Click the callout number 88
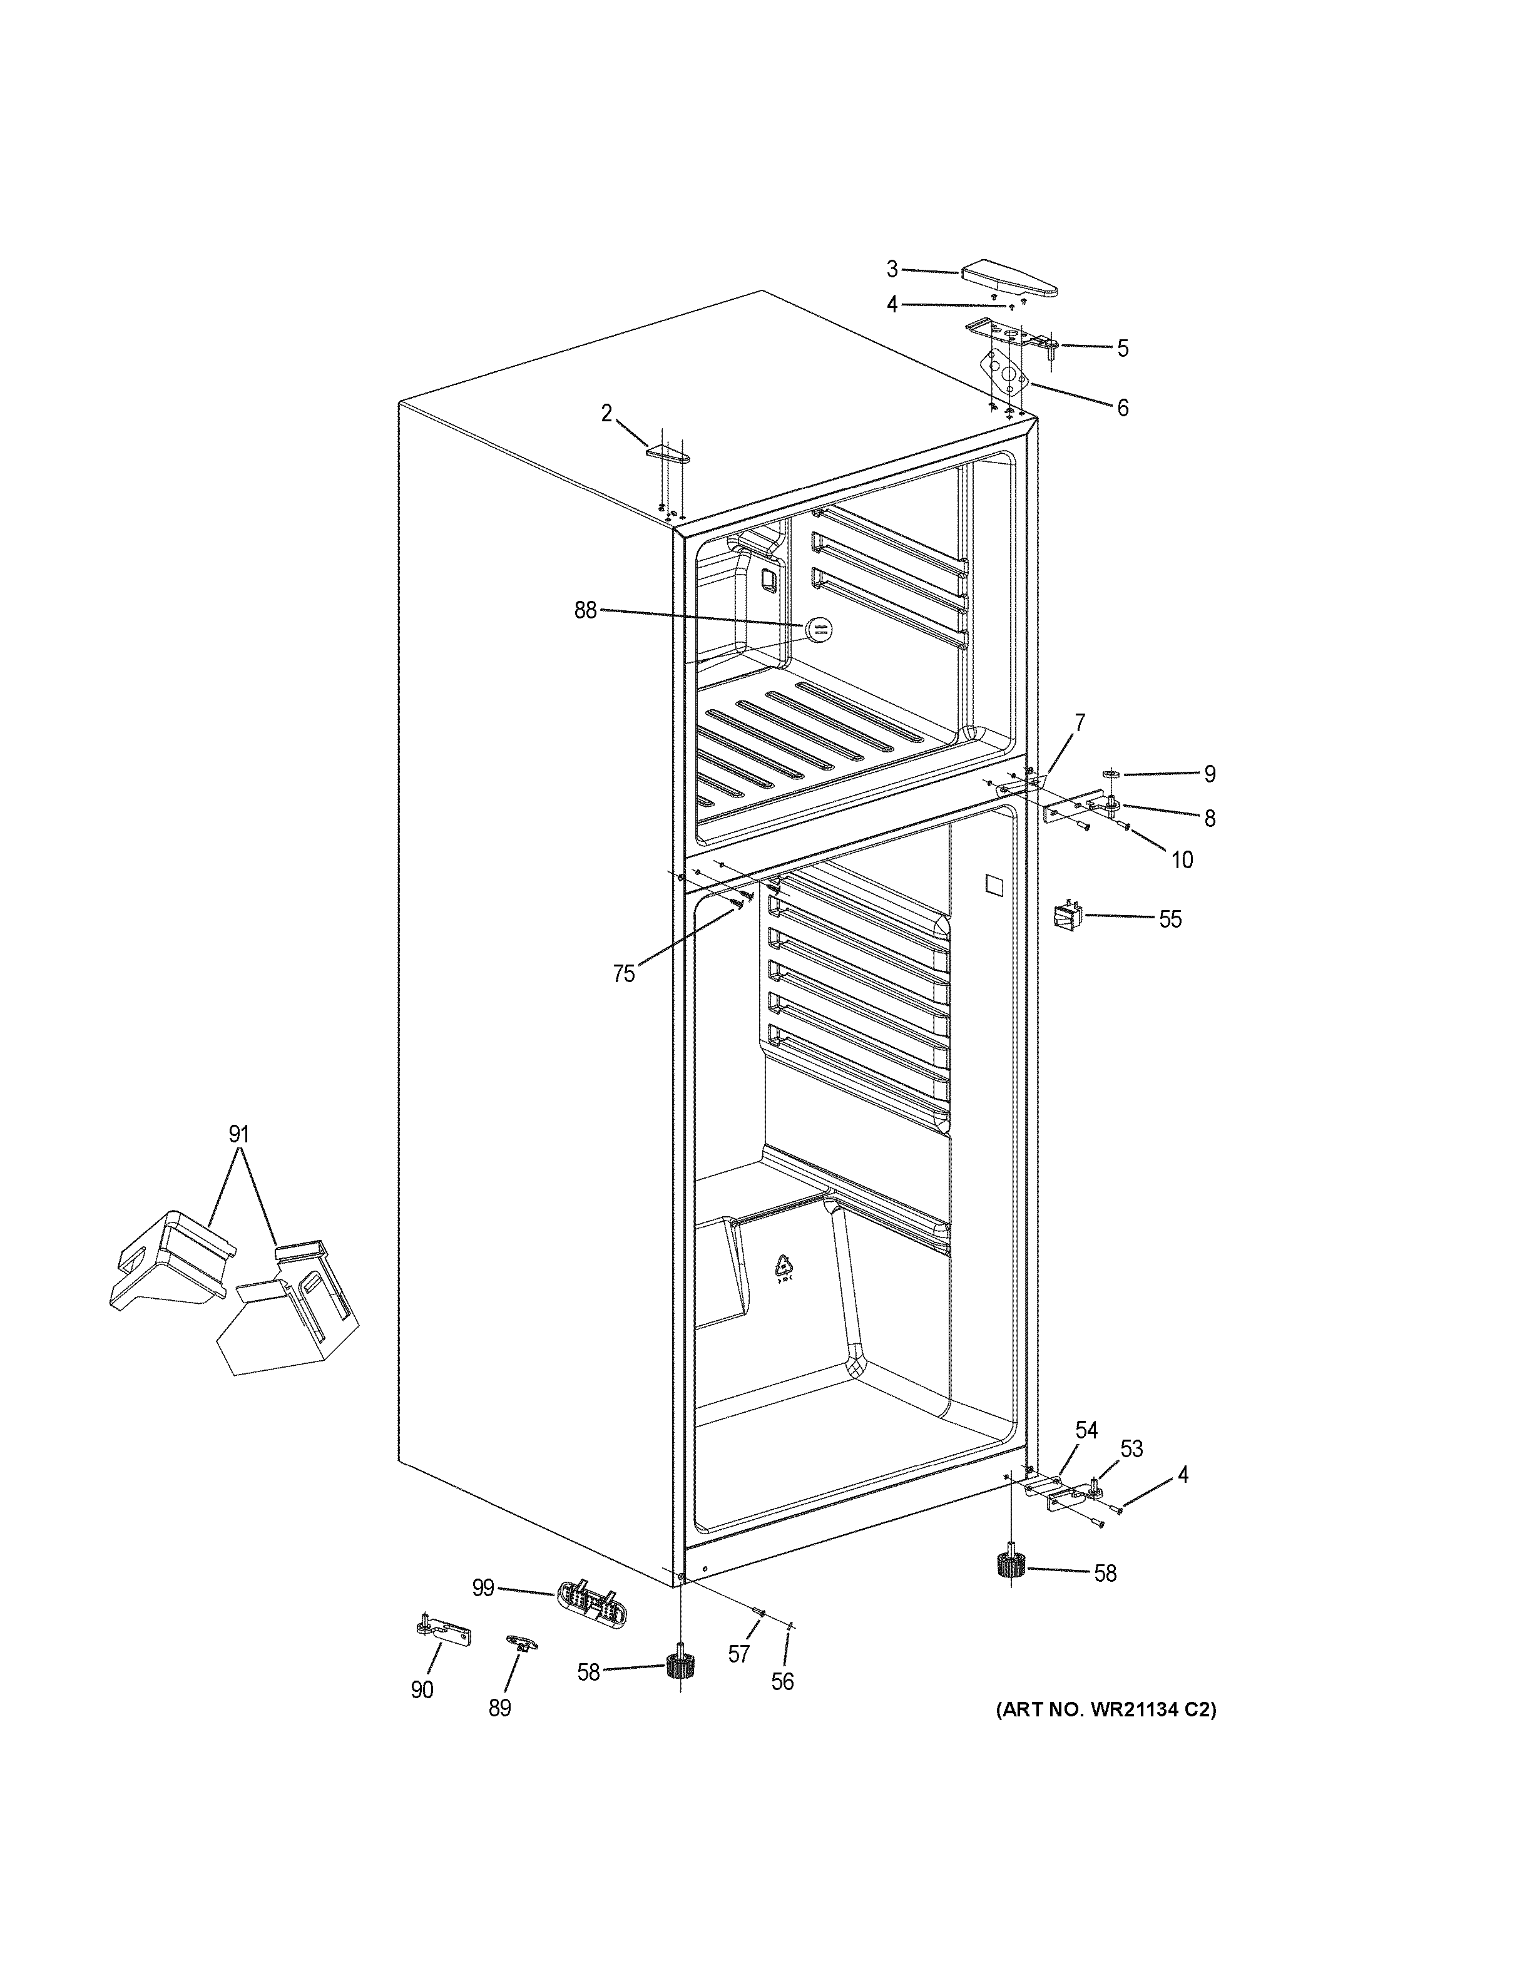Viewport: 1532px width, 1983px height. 585,611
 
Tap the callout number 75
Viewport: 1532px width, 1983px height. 623,974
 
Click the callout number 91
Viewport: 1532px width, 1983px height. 238,1134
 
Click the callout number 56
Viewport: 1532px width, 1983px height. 782,1683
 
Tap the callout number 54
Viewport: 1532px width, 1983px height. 1086,1431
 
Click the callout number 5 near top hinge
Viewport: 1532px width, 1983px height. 1123,349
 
